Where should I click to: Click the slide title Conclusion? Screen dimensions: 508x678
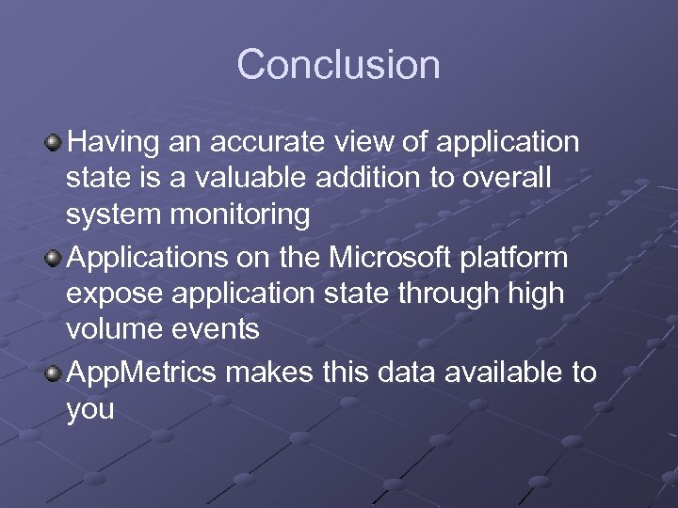(x=338, y=65)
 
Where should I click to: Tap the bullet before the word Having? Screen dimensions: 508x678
(x=55, y=142)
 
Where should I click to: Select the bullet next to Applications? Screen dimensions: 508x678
(x=55, y=258)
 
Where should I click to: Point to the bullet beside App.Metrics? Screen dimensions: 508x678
(x=55, y=373)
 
